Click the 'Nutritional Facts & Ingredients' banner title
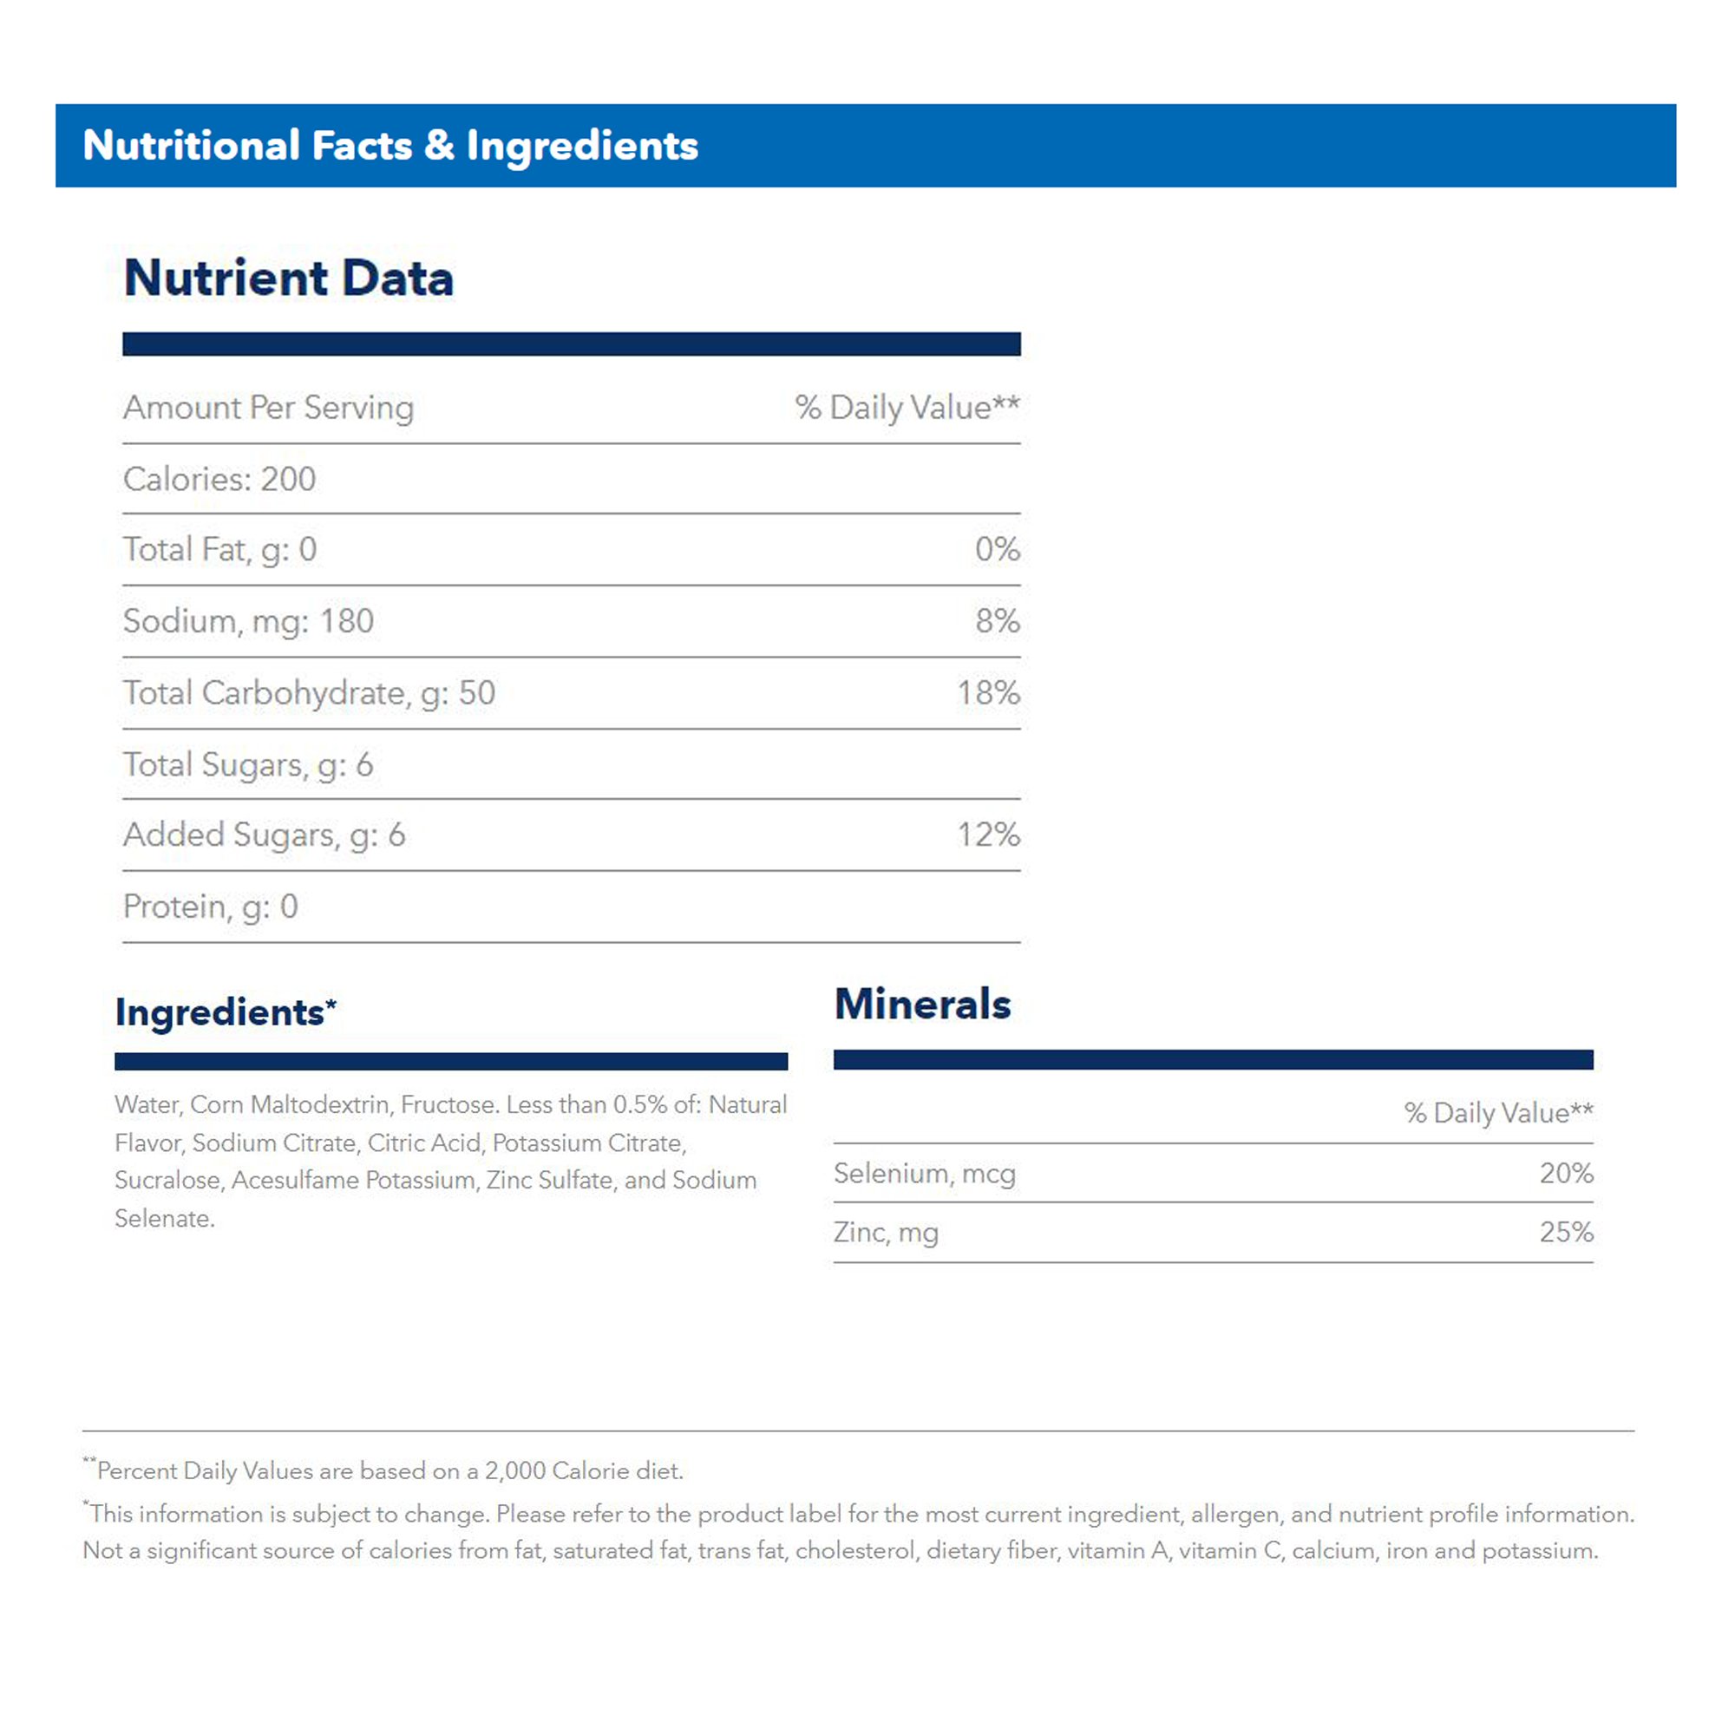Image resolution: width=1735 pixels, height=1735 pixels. [390, 146]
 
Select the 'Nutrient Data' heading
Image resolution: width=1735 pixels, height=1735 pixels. [288, 278]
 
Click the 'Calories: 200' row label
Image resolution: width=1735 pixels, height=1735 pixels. [219, 480]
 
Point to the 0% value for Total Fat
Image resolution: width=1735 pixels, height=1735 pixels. [997, 550]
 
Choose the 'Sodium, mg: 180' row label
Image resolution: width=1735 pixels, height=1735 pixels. [248, 621]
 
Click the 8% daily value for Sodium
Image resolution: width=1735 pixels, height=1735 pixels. [997, 621]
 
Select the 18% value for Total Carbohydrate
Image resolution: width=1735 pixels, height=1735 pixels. [988, 693]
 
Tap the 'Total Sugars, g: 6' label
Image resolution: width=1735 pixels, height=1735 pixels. [248, 765]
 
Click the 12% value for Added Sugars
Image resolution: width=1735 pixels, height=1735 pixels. [988, 835]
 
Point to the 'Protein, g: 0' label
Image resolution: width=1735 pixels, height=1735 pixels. [210, 907]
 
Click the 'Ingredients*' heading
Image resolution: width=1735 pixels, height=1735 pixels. [226, 1012]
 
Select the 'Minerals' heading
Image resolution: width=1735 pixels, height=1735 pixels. [922, 1004]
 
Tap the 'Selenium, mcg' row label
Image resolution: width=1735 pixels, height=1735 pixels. [924, 1174]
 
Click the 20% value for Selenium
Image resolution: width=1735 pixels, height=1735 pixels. [1566, 1173]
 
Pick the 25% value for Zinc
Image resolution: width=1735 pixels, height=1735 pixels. [1566, 1232]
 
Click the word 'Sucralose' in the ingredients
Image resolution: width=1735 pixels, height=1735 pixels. [168, 1180]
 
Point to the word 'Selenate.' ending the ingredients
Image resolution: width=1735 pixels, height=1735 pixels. [164, 1219]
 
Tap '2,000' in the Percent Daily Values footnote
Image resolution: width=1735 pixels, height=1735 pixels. [514, 1471]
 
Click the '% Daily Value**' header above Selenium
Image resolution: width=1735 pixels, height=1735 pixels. [1498, 1113]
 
